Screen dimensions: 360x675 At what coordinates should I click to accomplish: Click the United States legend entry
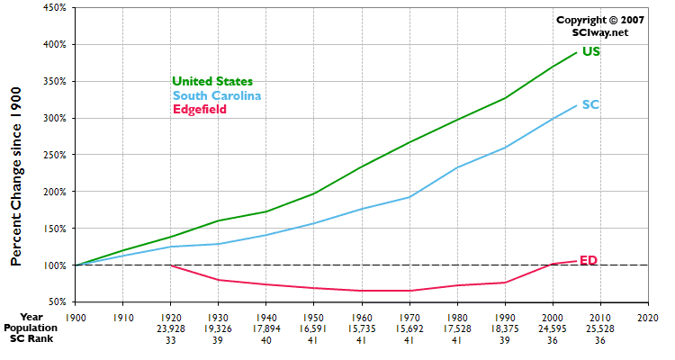pos(211,82)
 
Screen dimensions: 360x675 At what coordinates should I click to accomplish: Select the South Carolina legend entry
pos(217,95)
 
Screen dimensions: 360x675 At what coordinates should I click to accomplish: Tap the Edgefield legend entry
pos(199,109)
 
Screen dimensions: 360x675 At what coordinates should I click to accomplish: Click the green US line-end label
pos(591,51)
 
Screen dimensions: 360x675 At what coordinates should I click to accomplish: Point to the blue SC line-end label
pos(591,104)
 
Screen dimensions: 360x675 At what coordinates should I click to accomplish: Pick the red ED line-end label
pos(589,260)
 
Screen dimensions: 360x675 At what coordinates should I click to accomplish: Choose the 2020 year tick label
pos(646,317)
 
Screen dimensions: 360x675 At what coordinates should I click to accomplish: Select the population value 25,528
pos(598,328)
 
